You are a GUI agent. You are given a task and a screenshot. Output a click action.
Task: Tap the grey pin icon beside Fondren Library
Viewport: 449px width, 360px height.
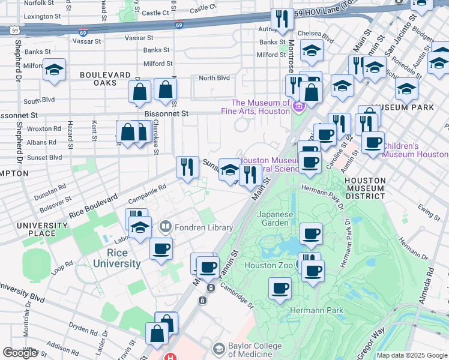pos(166,227)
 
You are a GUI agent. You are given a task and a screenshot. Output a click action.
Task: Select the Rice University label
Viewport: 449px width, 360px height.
pos(117,257)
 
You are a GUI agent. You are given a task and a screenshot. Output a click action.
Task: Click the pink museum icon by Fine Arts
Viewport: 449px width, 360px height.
pos(298,107)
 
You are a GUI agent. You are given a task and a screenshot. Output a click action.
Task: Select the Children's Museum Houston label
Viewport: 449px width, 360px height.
pos(414,150)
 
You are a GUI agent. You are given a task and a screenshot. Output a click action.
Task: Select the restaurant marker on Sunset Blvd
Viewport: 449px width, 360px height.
pos(187,167)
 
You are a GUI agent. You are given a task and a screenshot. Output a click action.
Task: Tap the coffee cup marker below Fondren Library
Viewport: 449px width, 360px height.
pos(161,248)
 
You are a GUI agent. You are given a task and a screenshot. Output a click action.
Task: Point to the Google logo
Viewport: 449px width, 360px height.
pos(20,353)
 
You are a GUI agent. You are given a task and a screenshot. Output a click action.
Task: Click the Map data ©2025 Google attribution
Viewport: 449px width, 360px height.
pos(411,355)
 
